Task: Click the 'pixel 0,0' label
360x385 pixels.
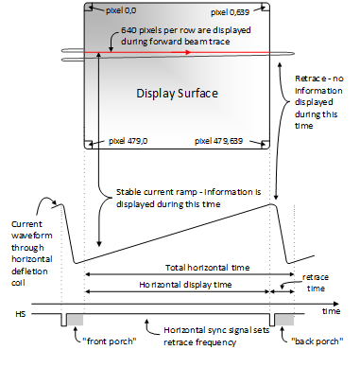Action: pyautogui.click(x=121, y=10)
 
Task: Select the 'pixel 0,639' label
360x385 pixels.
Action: pyautogui.click(x=230, y=12)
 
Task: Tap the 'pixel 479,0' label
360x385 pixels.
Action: pyautogui.click(x=128, y=141)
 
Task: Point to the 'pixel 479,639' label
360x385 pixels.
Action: pyautogui.click(x=218, y=141)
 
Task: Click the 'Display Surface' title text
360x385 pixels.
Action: pyautogui.click(x=177, y=94)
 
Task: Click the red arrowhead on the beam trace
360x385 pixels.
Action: pyautogui.click(x=188, y=52)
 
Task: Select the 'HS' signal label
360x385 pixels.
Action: pyautogui.click(x=21, y=314)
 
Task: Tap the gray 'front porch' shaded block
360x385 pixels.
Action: pyautogui.click(x=76, y=320)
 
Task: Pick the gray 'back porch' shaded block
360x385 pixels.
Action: pyautogui.click(x=284, y=320)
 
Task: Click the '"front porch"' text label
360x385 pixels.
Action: pyautogui.click(x=110, y=341)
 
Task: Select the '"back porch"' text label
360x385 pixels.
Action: pyautogui.click(x=317, y=341)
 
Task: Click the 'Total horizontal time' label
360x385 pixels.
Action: pyautogui.click(x=208, y=268)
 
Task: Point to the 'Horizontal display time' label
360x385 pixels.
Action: pyautogui.click(x=185, y=285)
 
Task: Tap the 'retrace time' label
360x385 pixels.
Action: pyautogui.click(x=316, y=283)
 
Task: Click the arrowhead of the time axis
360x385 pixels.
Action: pyautogui.click(x=336, y=304)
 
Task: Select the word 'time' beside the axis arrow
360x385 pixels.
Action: pyautogui.click(x=331, y=311)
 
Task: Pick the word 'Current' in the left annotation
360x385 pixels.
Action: pyautogui.click(x=26, y=224)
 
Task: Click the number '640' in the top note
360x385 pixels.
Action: pyautogui.click(x=129, y=30)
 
